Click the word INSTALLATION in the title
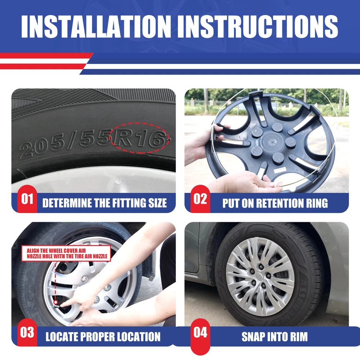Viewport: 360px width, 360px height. (x=96, y=27)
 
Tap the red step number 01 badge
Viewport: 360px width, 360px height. (x=27, y=199)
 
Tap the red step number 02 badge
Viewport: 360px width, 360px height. (x=200, y=199)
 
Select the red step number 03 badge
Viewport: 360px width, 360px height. (x=27, y=332)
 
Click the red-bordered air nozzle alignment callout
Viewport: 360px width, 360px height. (x=66, y=253)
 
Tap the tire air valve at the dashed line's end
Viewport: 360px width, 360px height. (x=56, y=304)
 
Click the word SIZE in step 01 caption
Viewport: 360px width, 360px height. (x=158, y=203)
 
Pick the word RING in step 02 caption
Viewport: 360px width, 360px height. (x=316, y=203)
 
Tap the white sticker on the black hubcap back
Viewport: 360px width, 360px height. (x=280, y=170)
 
